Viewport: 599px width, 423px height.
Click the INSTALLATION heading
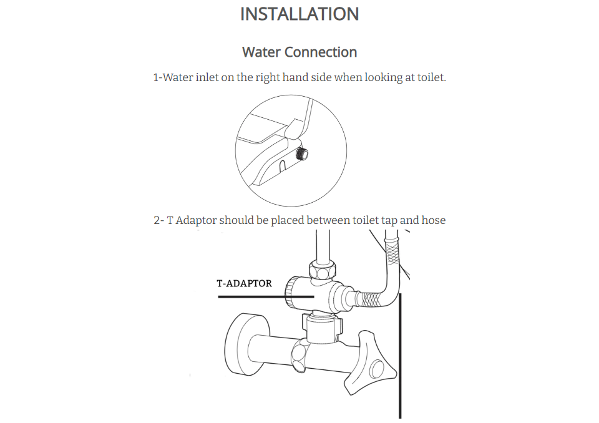tap(299, 14)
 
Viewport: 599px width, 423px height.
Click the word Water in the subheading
tap(261, 52)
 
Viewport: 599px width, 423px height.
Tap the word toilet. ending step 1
tap(432, 77)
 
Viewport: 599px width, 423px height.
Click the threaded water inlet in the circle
tap(301, 154)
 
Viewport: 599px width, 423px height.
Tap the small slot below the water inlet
tap(282, 165)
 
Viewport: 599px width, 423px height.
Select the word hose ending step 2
tap(433, 220)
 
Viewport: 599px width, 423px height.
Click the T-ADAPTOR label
tap(244, 283)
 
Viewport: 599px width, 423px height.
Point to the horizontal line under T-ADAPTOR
tap(266, 296)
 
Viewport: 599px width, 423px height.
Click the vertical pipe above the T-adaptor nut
tap(323, 246)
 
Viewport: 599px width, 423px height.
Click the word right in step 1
tap(268, 78)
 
